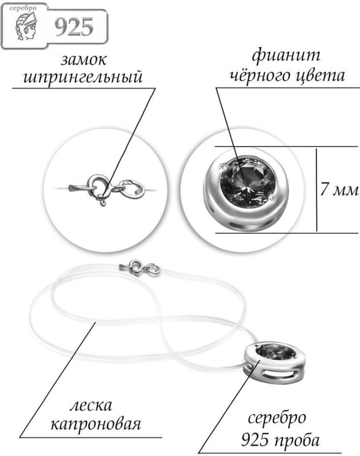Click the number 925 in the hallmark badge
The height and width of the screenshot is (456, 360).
tap(74, 27)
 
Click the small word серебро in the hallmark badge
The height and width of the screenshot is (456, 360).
tap(23, 8)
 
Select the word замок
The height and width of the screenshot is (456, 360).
tap(83, 60)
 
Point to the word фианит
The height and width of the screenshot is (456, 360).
tap(286, 56)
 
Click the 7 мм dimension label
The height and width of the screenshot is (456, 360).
tap(339, 190)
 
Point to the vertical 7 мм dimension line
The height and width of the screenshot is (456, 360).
tap(316, 189)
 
